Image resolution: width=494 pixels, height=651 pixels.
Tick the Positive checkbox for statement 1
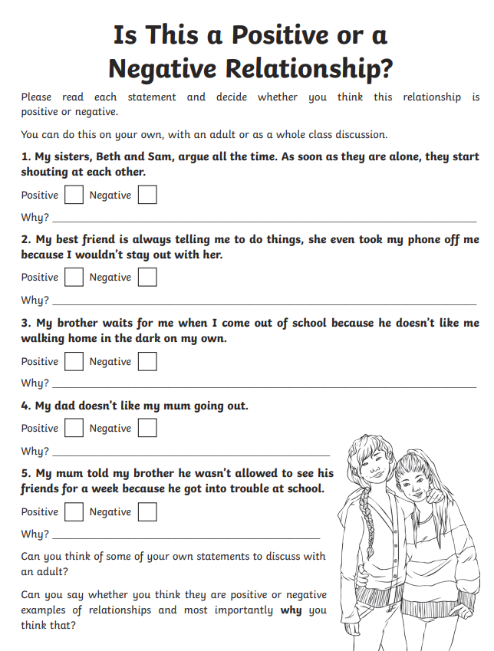(x=74, y=195)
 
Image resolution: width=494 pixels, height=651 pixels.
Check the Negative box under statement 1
(x=147, y=195)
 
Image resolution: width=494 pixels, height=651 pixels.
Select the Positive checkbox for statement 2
(x=74, y=277)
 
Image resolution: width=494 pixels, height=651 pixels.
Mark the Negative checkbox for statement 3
(x=147, y=361)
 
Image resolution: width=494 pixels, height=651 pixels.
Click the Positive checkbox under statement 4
(x=74, y=428)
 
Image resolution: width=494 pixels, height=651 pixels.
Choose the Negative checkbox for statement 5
(x=147, y=511)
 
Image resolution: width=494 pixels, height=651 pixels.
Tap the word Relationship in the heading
(x=301, y=68)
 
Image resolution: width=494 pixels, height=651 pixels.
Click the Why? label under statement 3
(x=35, y=383)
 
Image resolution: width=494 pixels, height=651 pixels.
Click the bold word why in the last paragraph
(x=291, y=610)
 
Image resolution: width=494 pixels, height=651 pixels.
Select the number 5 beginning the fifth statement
(x=25, y=472)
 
